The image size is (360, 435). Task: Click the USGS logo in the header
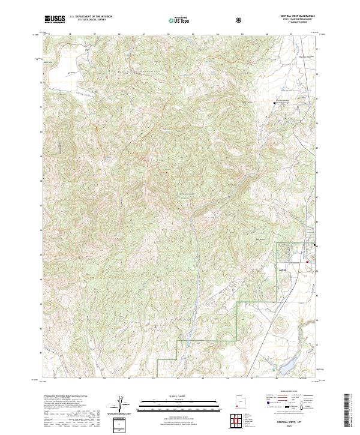tap(55, 20)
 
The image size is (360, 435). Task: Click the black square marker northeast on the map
tap(275, 103)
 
